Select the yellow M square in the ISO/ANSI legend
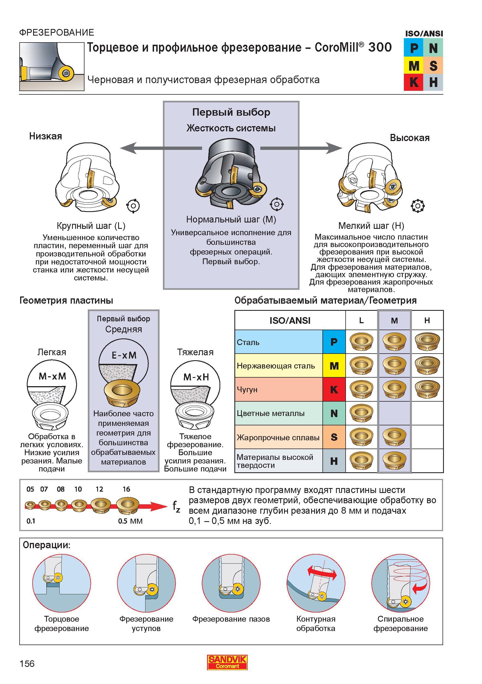click(x=414, y=65)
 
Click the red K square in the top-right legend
click(x=414, y=82)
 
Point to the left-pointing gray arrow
click(x=161, y=148)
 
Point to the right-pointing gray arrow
click(x=301, y=148)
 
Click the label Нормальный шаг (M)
click(x=231, y=219)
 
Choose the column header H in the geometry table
click(x=427, y=320)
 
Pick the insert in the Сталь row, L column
click(x=361, y=341)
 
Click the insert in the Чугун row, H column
click(x=427, y=389)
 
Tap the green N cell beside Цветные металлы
click(x=334, y=413)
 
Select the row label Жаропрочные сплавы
click(x=278, y=437)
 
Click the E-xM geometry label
click(x=124, y=355)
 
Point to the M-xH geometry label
click(x=196, y=377)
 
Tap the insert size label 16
click(x=126, y=489)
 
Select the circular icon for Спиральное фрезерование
click(x=401, y=583)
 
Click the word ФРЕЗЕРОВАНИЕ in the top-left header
click(x=57, y=32)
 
